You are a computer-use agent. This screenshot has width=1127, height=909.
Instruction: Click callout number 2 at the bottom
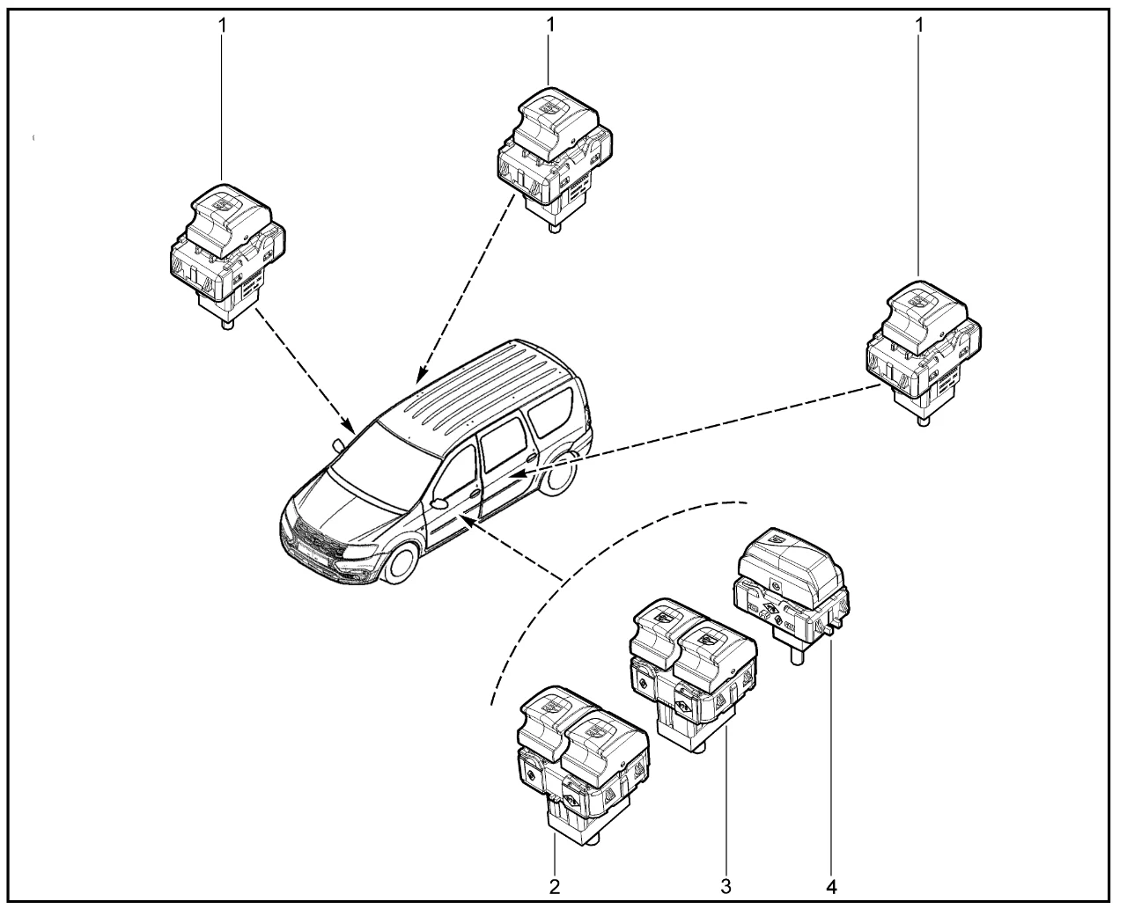coord(555,885)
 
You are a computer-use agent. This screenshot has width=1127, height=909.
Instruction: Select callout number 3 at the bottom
coord(726,885)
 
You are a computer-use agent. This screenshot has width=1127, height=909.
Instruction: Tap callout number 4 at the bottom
coord(831,885)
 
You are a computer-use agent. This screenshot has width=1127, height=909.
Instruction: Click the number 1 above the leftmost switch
coord(222,26)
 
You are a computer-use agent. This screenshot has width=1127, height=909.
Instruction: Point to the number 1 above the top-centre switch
coord(550,26)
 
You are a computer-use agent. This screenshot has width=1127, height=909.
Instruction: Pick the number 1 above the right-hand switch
coord(919,26)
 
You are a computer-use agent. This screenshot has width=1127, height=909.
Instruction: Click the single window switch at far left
coord(228,255)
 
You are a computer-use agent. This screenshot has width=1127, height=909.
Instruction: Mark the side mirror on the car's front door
coord(439,503)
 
